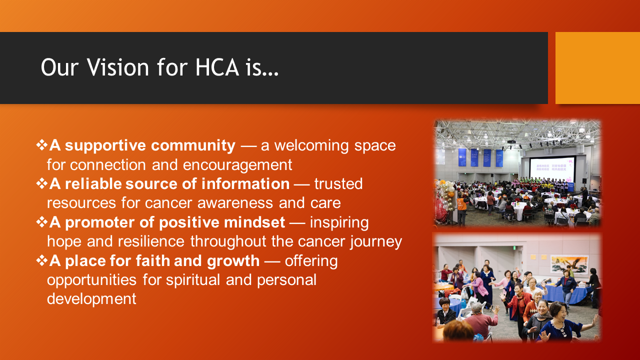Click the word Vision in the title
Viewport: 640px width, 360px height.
[117, 67]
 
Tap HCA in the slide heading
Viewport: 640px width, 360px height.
[217, 67]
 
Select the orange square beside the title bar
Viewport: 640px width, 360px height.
[597, 67]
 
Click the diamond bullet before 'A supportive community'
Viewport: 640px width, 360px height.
[42, 145]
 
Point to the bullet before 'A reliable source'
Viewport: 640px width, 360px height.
[42, 183]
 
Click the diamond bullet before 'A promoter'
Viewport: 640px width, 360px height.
[42, 222]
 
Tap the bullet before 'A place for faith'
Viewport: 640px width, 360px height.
[42, 260]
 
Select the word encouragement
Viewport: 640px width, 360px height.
[237, 165]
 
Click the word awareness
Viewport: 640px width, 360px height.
[235, 203]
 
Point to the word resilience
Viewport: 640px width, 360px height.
[151, 241]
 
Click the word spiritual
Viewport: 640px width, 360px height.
[193, 280]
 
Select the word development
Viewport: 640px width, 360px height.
[91, 299]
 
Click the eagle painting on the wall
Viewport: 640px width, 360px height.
[569, 264]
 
